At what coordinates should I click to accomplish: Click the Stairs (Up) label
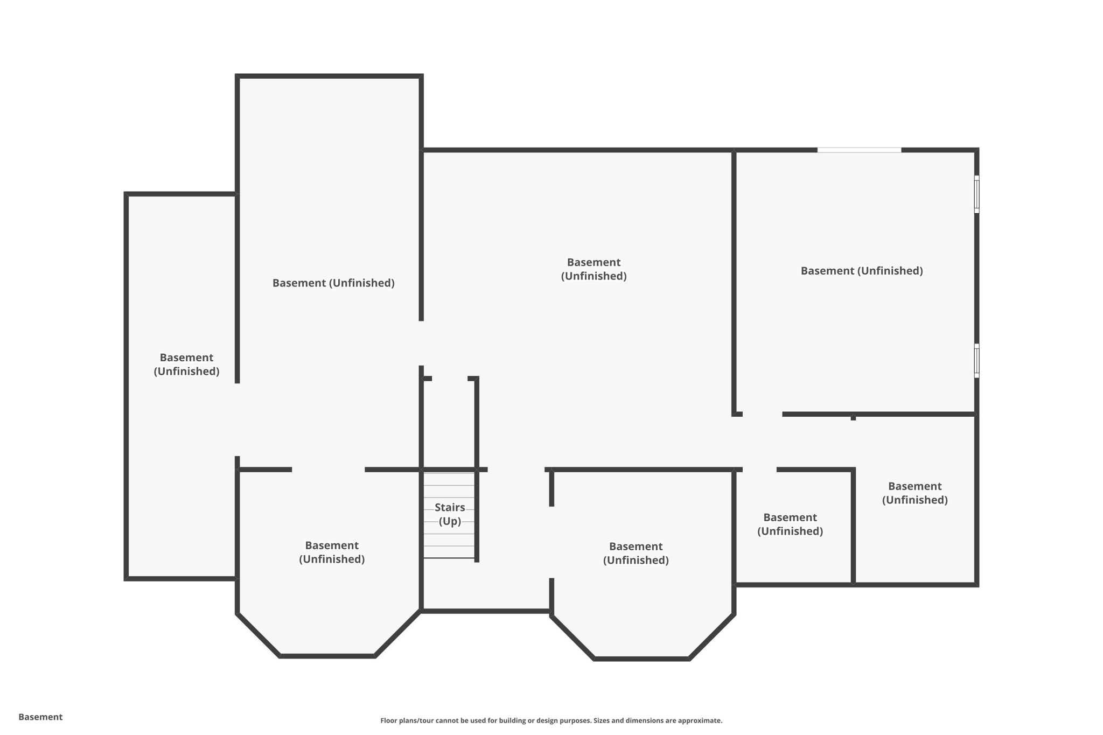click(450, 514)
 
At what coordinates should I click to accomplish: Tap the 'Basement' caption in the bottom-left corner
click(40, 717)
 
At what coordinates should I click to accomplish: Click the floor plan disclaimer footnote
click(551, 720)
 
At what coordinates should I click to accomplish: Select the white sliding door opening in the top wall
click(859, 150)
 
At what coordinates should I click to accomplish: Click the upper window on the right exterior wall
click(976, 194)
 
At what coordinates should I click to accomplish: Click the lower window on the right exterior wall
click(976, 360)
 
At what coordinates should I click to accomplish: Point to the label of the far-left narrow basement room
click(186, 365)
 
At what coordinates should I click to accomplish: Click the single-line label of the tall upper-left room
click(333, 283)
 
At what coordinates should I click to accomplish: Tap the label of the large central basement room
click(594, 269)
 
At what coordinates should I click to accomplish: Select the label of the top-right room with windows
click(862, 271)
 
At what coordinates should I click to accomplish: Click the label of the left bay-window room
click(332, 552)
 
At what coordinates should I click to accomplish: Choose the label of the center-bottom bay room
click(636, 553)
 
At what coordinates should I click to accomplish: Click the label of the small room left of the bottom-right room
click(790, 524)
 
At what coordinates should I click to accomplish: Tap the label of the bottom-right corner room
click(914, 493)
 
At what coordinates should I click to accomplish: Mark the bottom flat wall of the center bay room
click(641, 659)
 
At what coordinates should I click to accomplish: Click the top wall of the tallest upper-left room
click(329, 76)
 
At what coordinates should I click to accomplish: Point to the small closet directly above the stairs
click(449, 423)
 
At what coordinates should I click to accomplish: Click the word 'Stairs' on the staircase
click(450, 507)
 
